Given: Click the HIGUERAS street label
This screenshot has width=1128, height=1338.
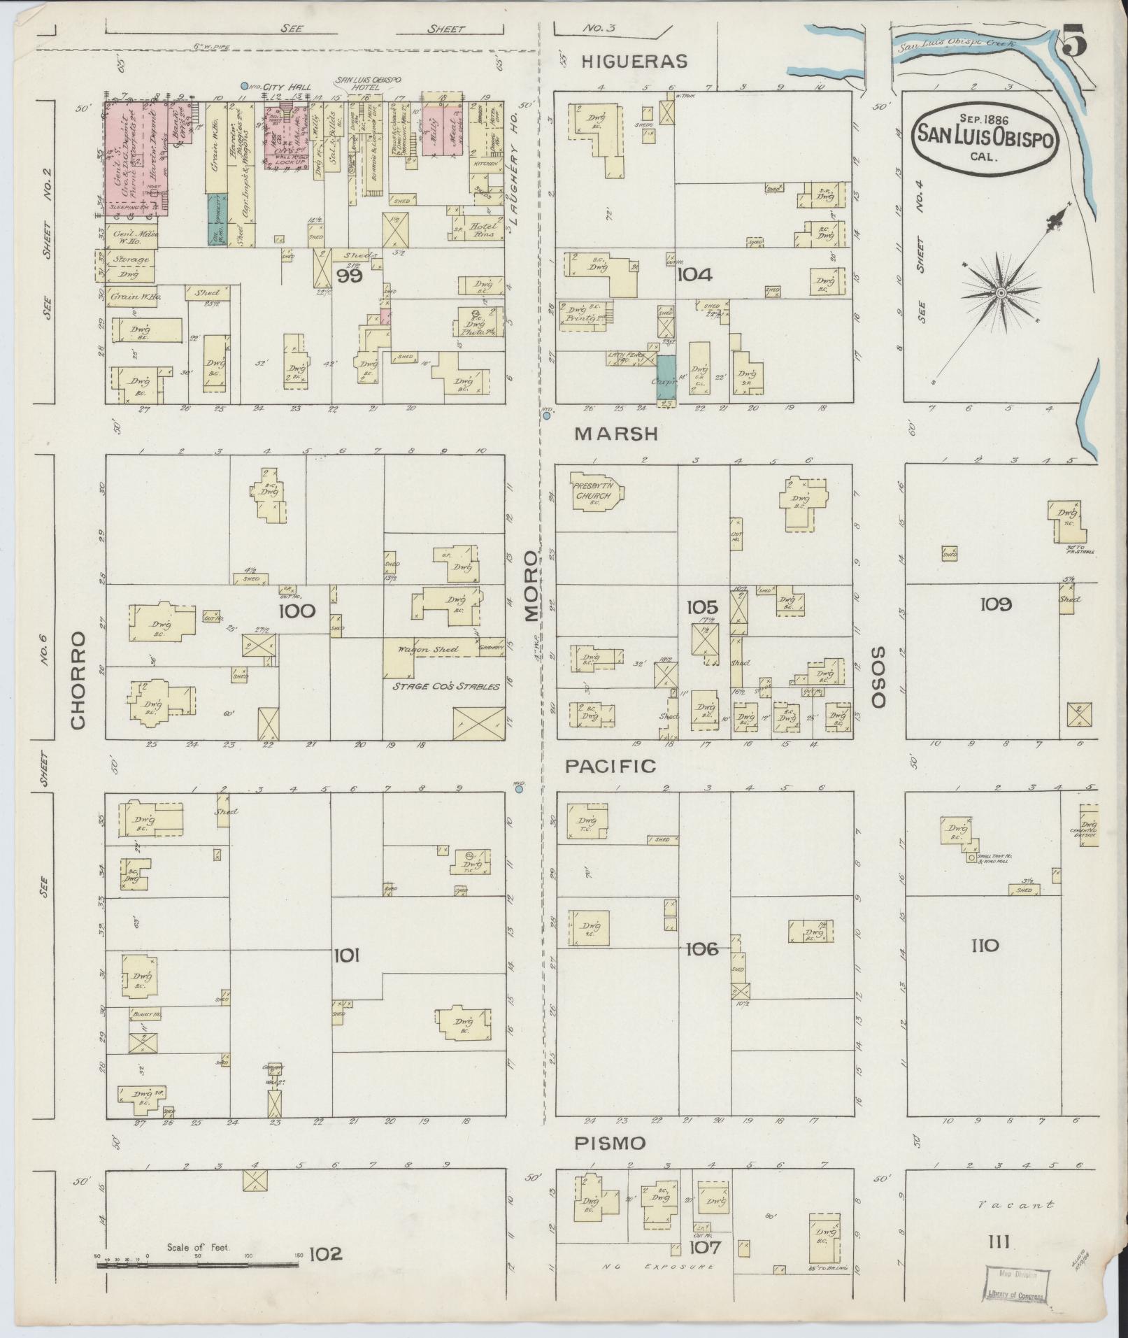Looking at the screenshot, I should [635, 62].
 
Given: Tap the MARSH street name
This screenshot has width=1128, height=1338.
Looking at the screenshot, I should [616, 434].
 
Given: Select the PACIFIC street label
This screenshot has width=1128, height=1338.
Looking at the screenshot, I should [611, 766].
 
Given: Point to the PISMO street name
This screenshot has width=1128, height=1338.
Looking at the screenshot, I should [609, 1143].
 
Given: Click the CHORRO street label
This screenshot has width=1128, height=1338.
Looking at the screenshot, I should [78, 680].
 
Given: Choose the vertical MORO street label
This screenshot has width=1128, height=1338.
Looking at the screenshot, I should [531, 586].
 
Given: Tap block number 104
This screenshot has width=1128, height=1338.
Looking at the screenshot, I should [694, 275].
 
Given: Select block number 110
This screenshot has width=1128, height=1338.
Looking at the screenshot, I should [985, 946].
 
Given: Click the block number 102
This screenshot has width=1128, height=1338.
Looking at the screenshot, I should [326, 1254].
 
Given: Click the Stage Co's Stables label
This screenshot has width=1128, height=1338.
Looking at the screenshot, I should [445, 686].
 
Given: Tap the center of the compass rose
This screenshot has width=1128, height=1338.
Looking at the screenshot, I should [1001, 292].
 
